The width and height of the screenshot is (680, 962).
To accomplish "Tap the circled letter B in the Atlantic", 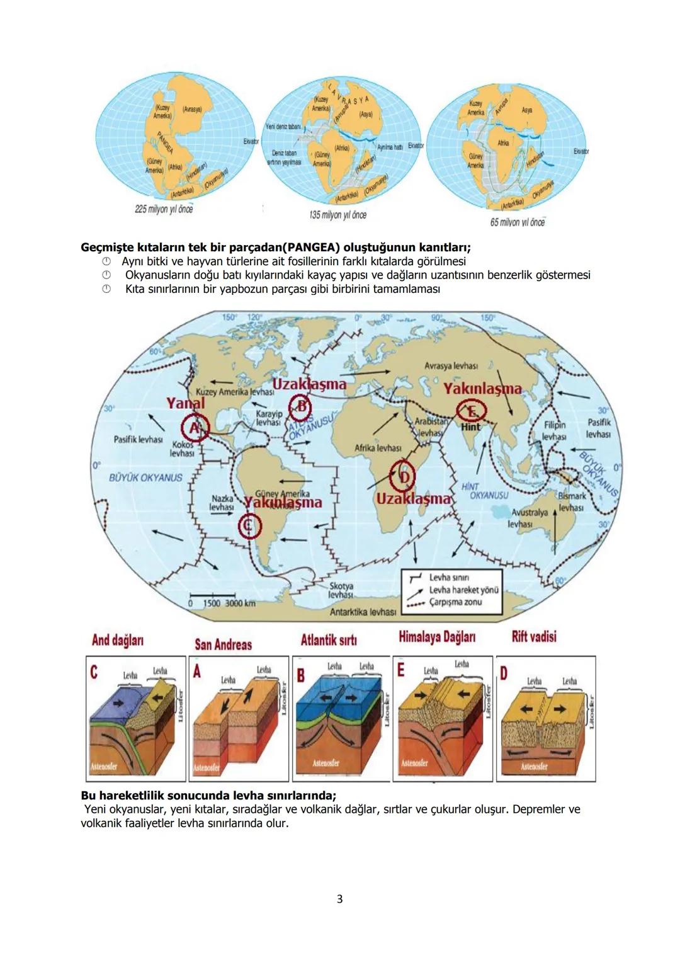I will tap(301, 408).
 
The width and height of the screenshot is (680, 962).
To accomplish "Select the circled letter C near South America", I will tap(249, 526).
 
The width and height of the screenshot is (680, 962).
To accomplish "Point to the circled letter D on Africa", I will tap(403, 478).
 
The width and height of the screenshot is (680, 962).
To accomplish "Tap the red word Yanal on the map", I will tap(186, 403).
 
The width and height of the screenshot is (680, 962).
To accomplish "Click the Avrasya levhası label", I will tap(451, 365).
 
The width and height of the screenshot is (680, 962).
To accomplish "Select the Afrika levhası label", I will tap(378, 448).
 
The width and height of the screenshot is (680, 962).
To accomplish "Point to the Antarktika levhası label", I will tap(363, 612).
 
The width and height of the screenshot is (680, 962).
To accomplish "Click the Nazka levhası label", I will tap(222, 502).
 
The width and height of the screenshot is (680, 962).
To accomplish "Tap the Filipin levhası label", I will tap(555, 430).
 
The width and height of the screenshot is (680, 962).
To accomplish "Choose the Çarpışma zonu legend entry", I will tap(455, 602).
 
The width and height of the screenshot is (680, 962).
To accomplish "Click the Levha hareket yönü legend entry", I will tap(463, 590).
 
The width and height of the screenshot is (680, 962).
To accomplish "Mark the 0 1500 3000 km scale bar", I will tap(222, 599).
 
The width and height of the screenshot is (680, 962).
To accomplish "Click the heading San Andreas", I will tap(223, 644).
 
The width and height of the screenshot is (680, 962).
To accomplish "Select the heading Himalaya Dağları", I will tap(437, 636).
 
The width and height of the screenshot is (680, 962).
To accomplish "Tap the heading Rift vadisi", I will tap(534, 636).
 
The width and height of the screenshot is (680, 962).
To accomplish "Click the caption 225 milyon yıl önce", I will tap(164, 209).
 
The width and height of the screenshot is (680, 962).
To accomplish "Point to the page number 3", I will tap(340, 899).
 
